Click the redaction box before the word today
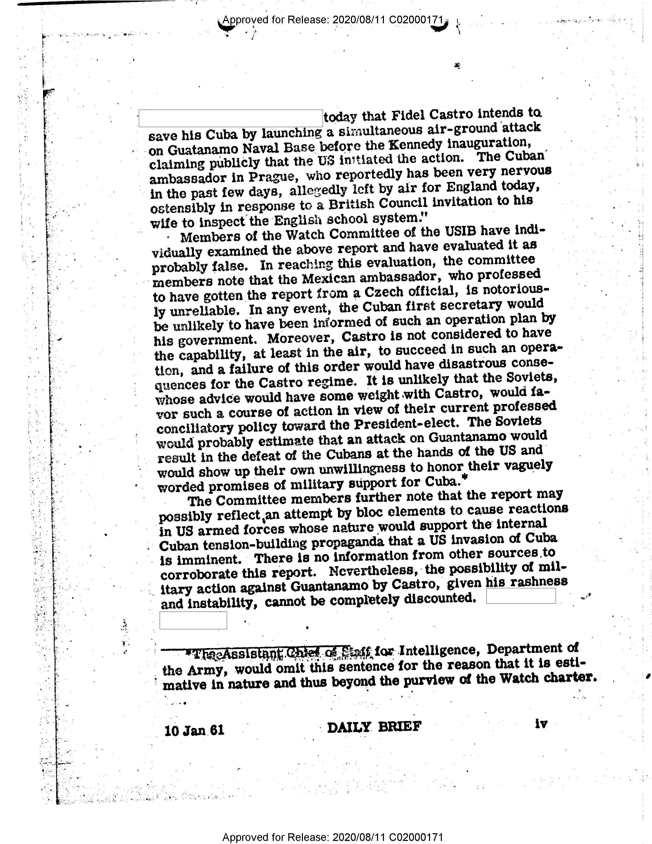(x=231, y=118)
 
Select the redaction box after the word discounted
(x=521, y=595)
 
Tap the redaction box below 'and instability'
(x=193, y=620)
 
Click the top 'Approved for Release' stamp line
(x=332, y=20)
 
